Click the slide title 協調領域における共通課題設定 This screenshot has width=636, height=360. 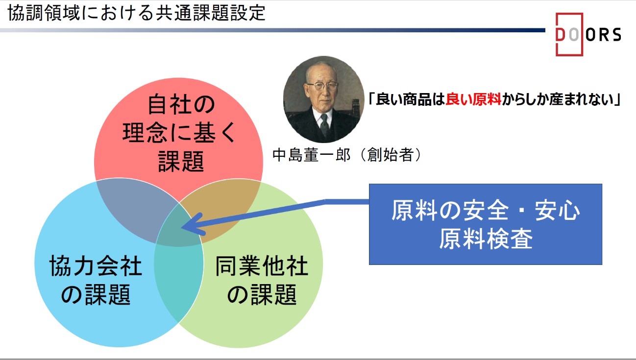click(137, 13)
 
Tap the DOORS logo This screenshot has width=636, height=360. click(588, 34)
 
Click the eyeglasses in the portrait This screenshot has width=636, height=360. click(322, 85)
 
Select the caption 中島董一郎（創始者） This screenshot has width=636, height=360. click(347, 155)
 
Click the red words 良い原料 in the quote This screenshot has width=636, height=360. click(473, 99)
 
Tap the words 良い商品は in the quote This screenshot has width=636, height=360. click(410, 99)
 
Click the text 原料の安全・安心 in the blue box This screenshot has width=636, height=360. click(486, 211)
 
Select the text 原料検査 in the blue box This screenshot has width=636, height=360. click(486, 239)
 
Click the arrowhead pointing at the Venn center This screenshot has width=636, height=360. click(193, 225)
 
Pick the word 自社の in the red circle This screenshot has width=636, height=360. click(181, 105)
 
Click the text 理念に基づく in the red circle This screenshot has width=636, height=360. click(179, 133)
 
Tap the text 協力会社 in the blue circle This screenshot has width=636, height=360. click(96, 266)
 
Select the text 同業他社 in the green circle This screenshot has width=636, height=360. click(262, 266)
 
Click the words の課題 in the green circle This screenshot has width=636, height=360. click(262, 294)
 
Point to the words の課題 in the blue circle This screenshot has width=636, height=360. click(96, 294)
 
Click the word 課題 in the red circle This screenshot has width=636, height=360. click(181, 161)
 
